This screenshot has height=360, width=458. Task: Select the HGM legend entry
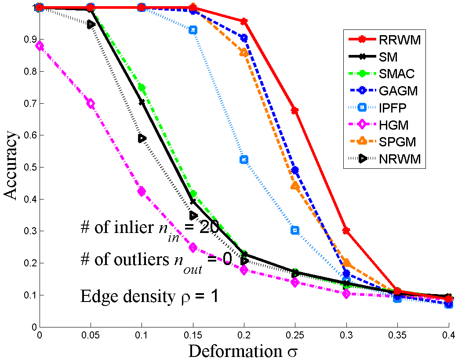pyautogui.click(x=393, y=125)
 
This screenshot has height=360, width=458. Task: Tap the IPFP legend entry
pyautogui.click(x=393, y=108)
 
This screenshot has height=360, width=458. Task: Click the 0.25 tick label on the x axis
pyautogui.click(x=295, y=335)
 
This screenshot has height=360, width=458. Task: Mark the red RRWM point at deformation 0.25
pyautogui.click(x=295, y=110)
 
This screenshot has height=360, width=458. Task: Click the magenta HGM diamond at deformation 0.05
pyautogui.click(x=91, y=103)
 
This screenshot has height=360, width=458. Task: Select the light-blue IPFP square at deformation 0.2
pyautogui.click(x=244, y=159)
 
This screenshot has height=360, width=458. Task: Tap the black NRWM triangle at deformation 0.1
pyautogui.click(x=142, y=138)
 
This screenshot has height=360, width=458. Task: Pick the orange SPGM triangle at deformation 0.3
pyautogui.click(x=346, y=263)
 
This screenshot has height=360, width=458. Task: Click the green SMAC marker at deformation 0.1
pyautogui.click(x=142, y=87)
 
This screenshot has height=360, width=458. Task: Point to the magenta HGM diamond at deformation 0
pyautogui.click(x=40, y=46)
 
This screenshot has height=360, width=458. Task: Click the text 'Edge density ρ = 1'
pyautogui.click(x=149, y=296)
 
